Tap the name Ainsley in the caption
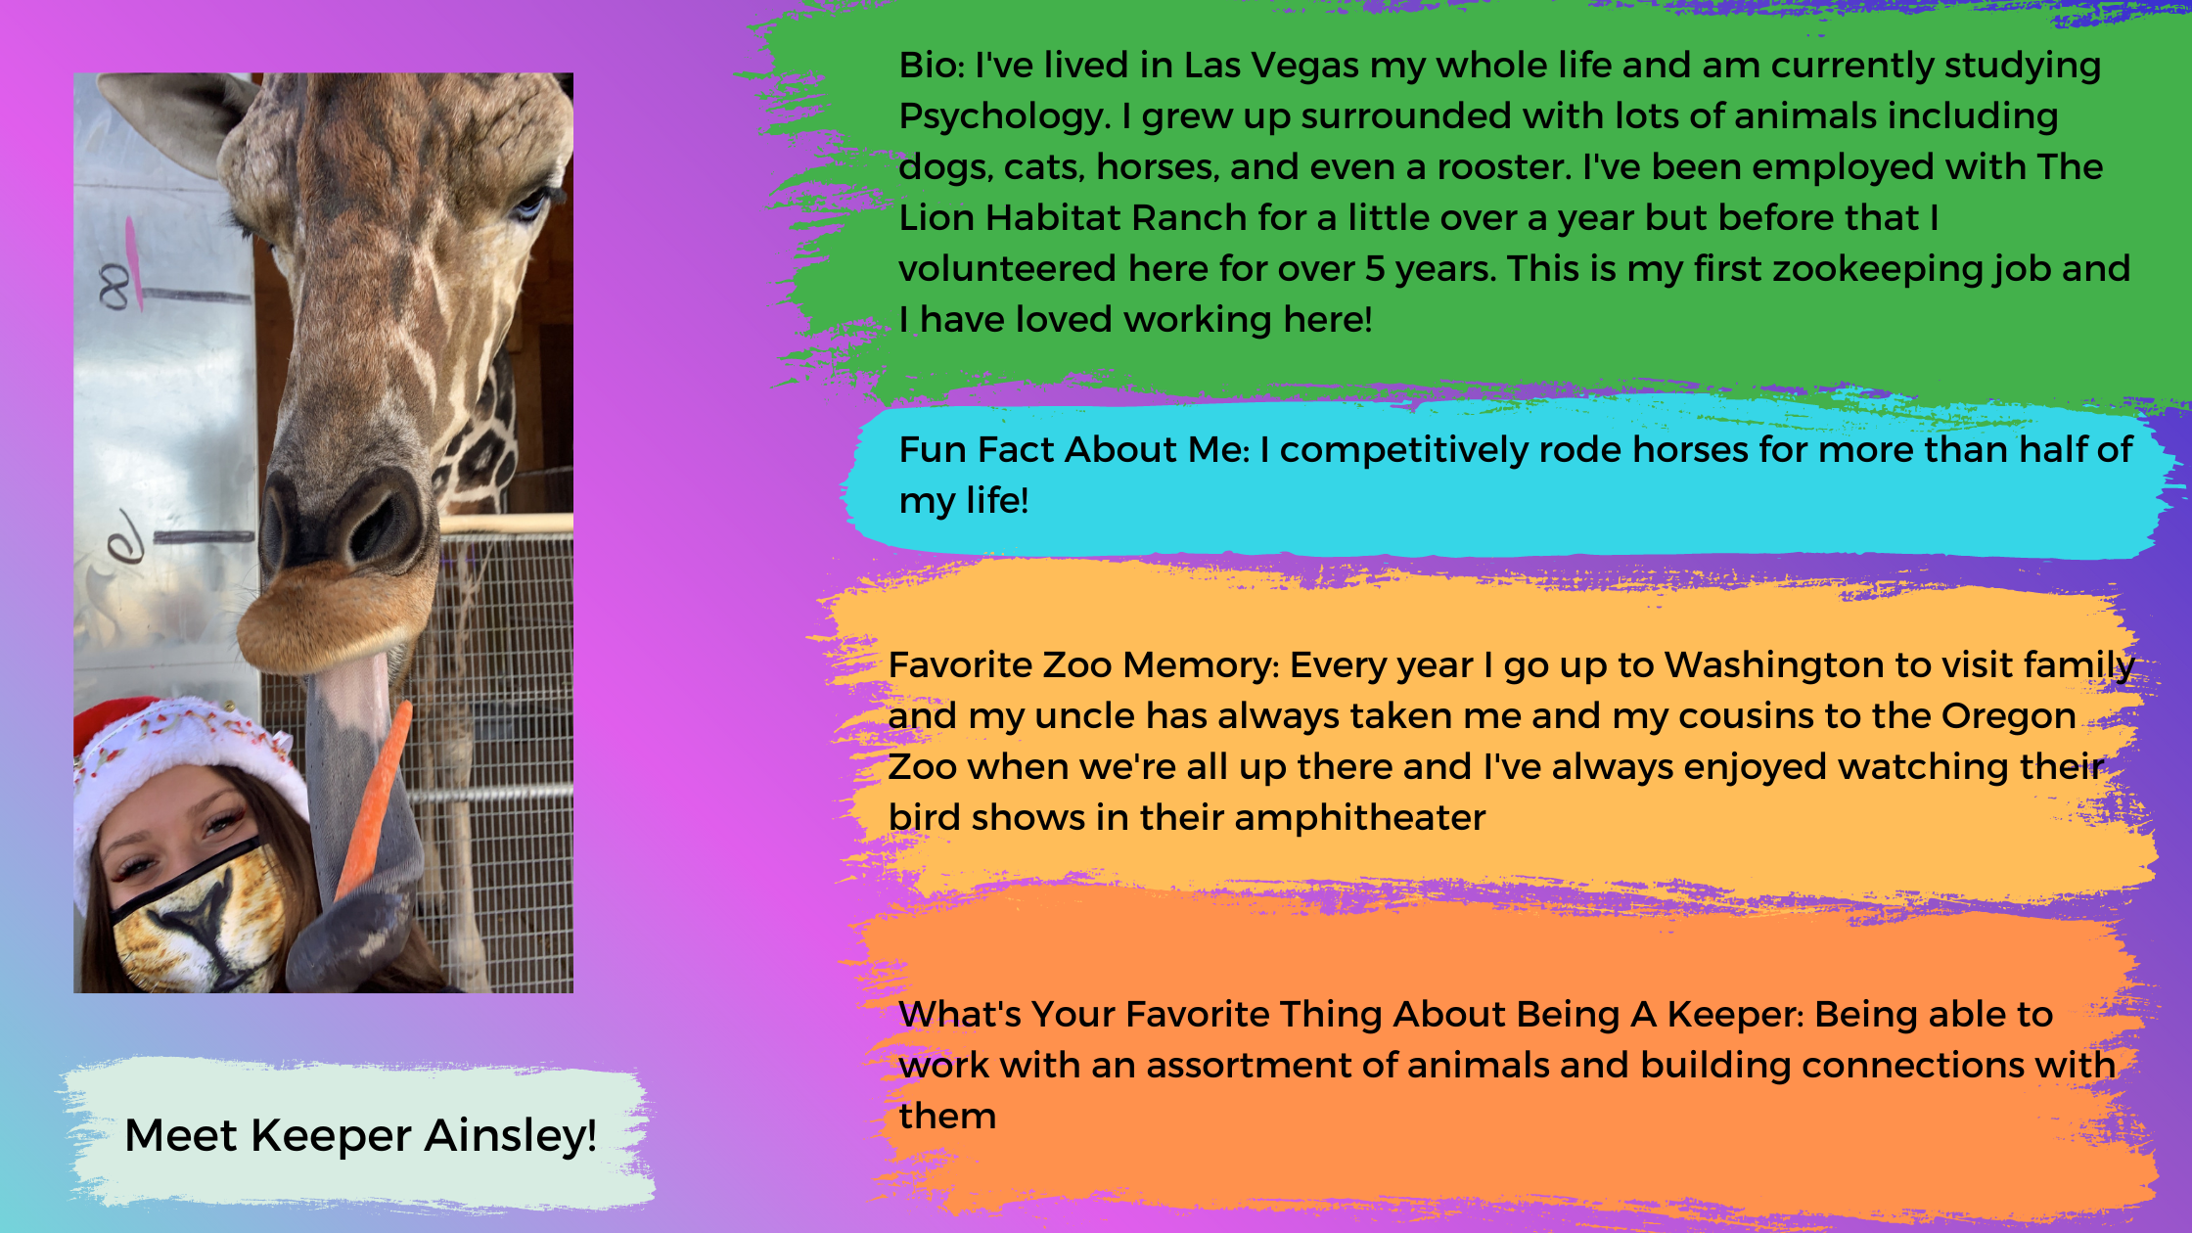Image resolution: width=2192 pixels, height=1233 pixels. [511, 1135]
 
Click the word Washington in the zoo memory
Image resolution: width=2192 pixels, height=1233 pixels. [1775, 664]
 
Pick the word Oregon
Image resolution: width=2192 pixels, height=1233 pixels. [2008, 716]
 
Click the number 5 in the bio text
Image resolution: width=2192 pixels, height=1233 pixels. [1375, 269]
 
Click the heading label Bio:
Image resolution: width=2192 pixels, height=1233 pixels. [933, 65]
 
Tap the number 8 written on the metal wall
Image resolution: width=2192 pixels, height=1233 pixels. [114, 288]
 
